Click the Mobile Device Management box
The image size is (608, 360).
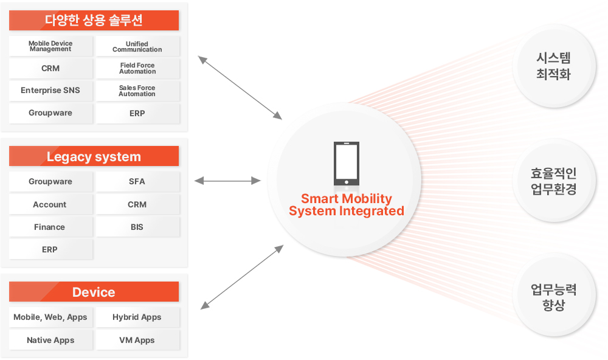point(51,46)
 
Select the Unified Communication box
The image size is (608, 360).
point(137,46)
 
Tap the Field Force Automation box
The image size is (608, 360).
point(137,68)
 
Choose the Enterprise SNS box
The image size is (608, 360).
point(51,91)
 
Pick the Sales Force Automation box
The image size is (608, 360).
point(137,91)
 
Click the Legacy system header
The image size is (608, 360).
point(94,156)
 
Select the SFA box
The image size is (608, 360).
point(137,182)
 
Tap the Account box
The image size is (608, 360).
point(51,204)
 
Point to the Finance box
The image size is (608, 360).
point(51,227)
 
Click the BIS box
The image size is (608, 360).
point(137,227)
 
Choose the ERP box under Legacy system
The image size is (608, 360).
point(51,249)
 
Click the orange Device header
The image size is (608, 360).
point(94,292)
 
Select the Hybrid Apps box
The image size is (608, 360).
point(137,317)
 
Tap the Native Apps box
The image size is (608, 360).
point(51,340)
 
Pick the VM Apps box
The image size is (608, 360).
point(137,340)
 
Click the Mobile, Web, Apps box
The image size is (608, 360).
point(51,317)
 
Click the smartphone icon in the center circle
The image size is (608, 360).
point(347,164)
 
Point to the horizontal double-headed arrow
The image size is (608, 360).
point(227,181)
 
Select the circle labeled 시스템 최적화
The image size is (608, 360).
point(554,66)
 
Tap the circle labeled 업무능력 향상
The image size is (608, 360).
point(554,295)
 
